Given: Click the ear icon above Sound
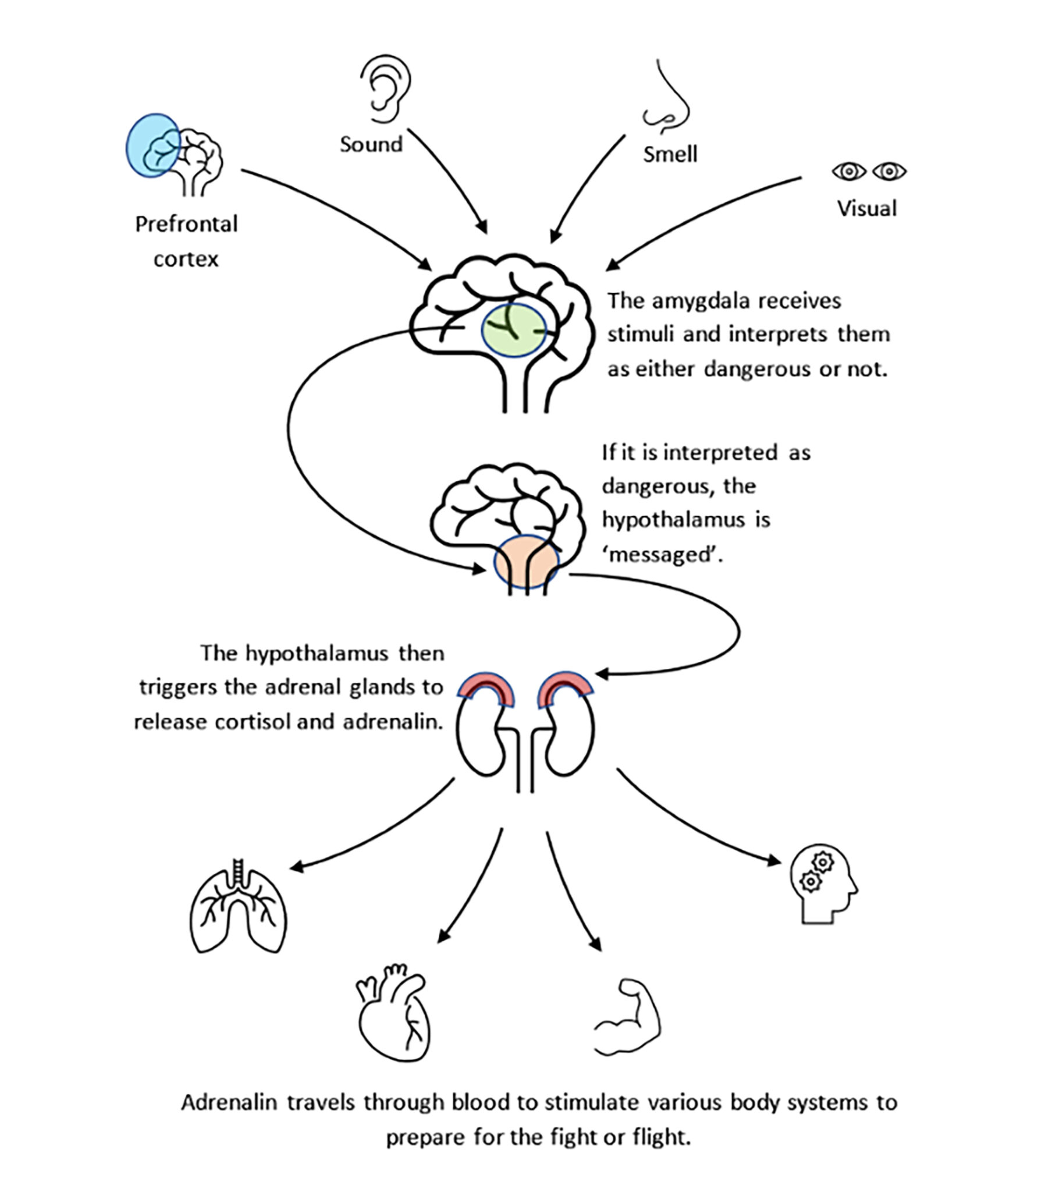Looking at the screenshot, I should tap(385, 89).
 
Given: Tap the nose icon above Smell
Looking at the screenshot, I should tap(667, 99).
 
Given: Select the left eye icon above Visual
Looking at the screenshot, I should tap(848, 172).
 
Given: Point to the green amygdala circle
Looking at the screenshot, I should tap(513, 330).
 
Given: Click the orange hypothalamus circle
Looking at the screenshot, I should tap(526, 561).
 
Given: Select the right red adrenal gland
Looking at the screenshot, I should tap(564, 689).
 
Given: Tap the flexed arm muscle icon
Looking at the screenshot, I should tap(628, 1017).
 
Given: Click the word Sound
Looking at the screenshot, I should tap(371, 144).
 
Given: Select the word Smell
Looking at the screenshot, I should tap(670, 155).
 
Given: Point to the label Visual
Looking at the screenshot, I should tap(866, 209).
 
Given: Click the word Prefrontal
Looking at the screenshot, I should tap(186, 224).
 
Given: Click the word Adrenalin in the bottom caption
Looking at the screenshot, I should tap(229, 1103).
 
